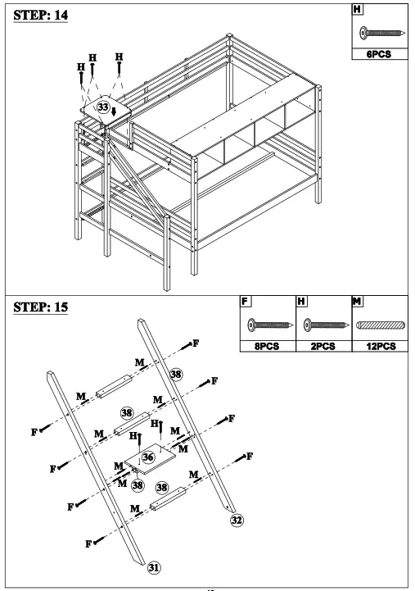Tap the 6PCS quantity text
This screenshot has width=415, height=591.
click(x=377, y=56)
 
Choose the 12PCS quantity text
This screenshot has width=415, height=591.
click(x=379, y=346)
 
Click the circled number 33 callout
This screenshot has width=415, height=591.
click(x=102, y=107)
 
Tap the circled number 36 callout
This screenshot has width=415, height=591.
click(x=148, y=457)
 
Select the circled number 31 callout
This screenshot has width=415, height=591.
click(x=153, y=566)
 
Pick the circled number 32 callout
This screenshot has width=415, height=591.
click(x=237, y=519)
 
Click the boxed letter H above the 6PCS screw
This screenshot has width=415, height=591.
click(x=356, y=11)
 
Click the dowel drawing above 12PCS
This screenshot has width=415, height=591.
click(x=379, y=325)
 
